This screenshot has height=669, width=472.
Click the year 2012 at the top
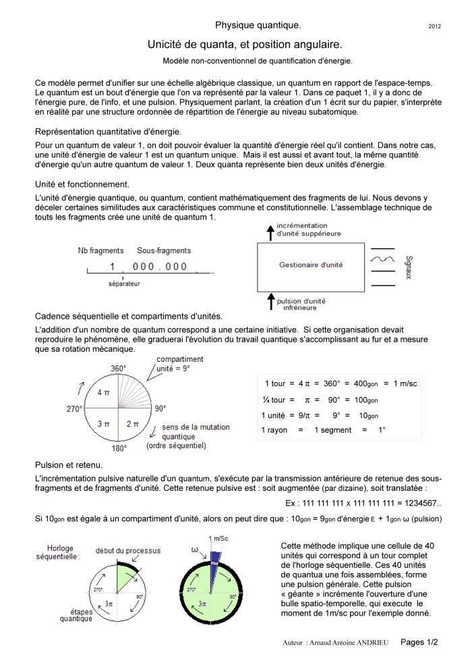coord(435,26)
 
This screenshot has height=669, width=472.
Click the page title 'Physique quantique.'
coord(258,25)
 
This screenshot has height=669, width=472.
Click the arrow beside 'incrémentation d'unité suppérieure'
coord(271,233)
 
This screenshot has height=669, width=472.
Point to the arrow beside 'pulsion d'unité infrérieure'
coord(271,298)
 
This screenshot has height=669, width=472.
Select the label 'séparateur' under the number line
coord(123,284)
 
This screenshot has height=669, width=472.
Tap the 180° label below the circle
coord(119,448)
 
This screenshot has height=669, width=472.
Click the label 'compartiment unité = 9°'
coord(179,365)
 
